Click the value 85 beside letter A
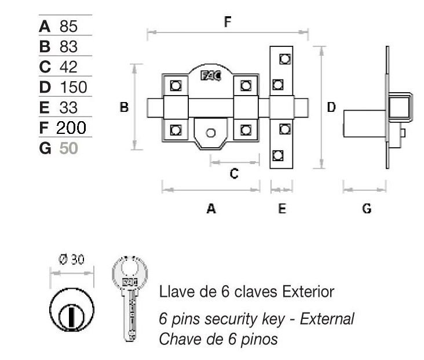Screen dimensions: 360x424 pyautogui.click(x=68, y=26)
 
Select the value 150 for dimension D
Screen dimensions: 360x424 pyautogui.click(x=73, y=88)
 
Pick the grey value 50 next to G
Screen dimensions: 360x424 pyautogui.click(x=68, y=148)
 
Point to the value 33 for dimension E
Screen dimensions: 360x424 pyautogui.click(x=68, y=107)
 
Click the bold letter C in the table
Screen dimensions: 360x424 pyautogui.click(x=45, y=67)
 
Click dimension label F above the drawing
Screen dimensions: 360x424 pyautogui.click(x=228, y=22)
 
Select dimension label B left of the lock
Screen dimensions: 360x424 pyautogui.click(x=124, y=107)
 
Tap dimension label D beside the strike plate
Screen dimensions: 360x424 pyautogui.click(x=331, y=107)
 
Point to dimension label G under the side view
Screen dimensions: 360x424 pyautogui.click(x=366, y=208)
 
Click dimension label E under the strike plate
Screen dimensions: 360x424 pyautogui.click(x=282, y=208)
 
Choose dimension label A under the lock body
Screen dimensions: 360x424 pyautogui.click(x=211, y=208)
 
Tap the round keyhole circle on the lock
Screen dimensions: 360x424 pyautogui.click(x=211, y=133)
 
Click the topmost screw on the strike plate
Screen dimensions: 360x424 pyautogui.click(x=284, y=59)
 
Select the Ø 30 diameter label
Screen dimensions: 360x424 pyautogui.click(x=71, y=259)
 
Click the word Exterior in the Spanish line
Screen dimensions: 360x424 pyautogui.click(x=308, y=292)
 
